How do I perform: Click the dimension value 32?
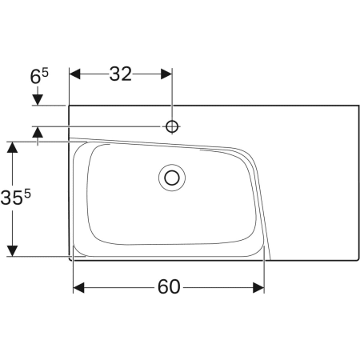coord(120,74)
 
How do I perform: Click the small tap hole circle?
coord(171,126)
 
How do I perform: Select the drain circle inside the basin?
coord(171,177)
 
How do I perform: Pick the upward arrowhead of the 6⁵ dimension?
coord(37,133)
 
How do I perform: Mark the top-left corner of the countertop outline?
coord(70,105)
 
